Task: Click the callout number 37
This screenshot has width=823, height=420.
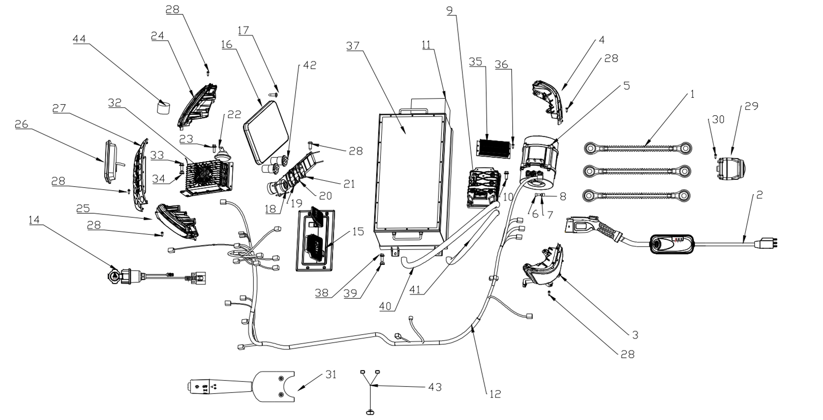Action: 353,46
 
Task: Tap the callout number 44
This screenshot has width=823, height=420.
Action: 79,39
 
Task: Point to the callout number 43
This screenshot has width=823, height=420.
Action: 435,387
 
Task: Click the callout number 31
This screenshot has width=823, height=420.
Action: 331,374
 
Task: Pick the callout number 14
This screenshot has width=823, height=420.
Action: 34,220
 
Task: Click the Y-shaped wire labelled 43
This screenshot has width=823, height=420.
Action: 370,388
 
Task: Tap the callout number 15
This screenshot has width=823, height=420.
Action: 358,231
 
